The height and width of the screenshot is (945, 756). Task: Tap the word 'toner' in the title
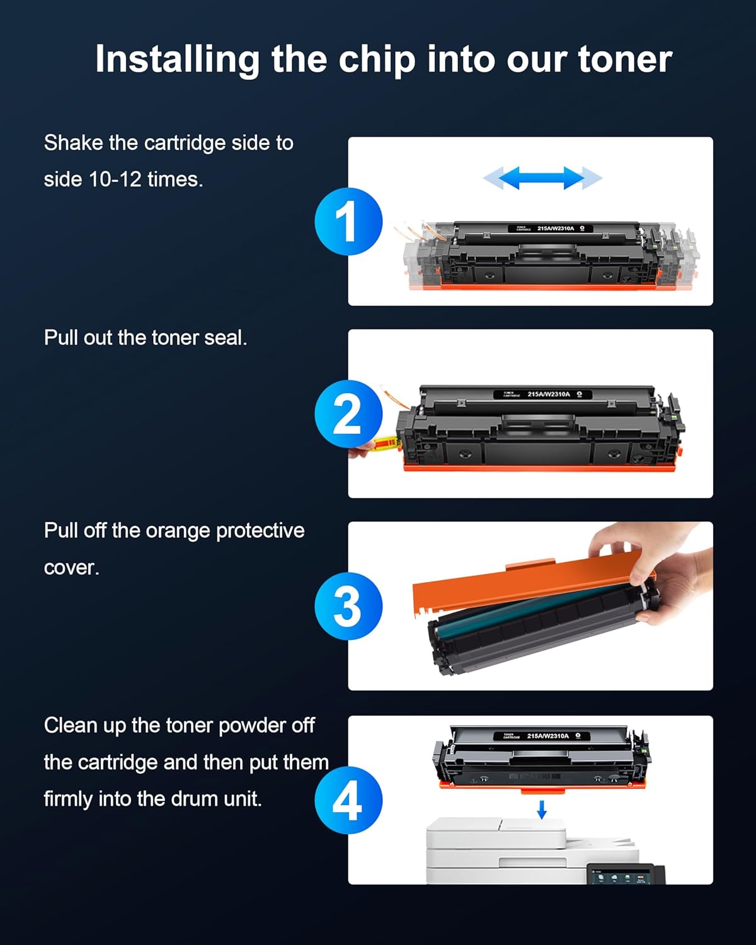coord(624,60)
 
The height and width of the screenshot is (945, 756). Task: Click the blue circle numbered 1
coord(348,222)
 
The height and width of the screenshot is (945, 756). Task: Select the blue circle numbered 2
coord(348,414)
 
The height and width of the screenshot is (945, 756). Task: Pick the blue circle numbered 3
coord(348,606)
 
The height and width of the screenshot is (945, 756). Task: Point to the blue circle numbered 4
coord(348,800)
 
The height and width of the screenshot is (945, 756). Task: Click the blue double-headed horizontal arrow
coord(542,178)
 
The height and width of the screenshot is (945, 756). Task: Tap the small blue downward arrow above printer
coord(541,810)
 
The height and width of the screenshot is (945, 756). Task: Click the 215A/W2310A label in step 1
coord(555,229)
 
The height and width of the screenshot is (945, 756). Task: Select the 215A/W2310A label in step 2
coord(548,394)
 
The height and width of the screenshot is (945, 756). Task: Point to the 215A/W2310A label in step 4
coord(547,736)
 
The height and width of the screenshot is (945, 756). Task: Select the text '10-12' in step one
coord(115,180)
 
